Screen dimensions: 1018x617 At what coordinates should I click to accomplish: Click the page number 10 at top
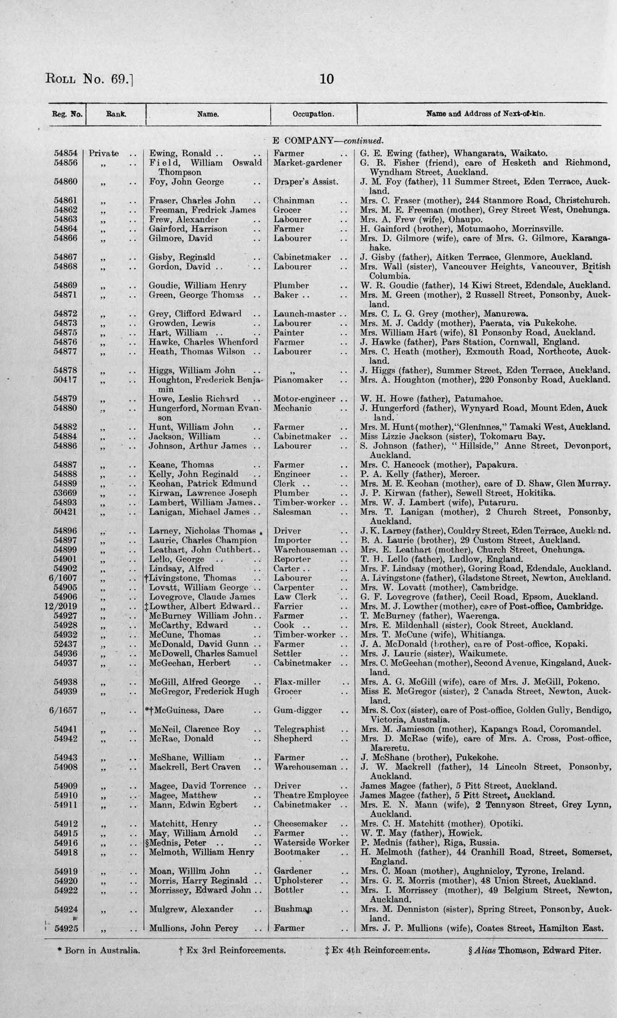pyautogui.click(x=326, y=79)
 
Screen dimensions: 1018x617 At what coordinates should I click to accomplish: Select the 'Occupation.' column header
pyautogui.click(x=313, y=114)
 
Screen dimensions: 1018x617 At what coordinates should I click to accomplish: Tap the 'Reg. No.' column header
pyautogui.click(x=67, y=113)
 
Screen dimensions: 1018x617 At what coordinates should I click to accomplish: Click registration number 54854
pyautogui.click(x=66, y=153)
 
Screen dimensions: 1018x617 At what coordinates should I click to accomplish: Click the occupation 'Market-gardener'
pyautogui.click(x=308, y=163)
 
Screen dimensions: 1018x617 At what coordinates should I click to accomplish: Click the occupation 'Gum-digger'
pyautogui.click(x=298, y=711)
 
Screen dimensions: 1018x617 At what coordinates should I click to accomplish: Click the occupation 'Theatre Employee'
pyautogui.click(x=311, y=795)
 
